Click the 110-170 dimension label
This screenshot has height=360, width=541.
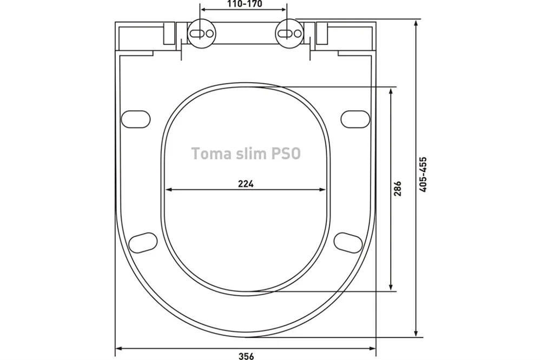click(x=245, y=4)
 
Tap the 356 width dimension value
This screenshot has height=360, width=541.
click(x=246, y=356)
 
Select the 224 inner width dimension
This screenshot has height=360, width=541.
click(x=246, y=184)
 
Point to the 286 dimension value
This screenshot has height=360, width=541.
click(x=398, y=188)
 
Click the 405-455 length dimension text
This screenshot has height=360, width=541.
click(x=423, y=175)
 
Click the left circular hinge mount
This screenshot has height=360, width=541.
click(x=202, y=33)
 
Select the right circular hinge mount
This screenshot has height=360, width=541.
click(x=289, y=33)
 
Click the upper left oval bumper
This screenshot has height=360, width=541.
click(x=136, y=119)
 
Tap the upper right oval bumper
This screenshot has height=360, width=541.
click(x=355, y=119)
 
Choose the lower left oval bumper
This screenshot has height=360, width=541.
click(x=143, y=243)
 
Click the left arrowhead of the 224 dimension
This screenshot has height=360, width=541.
click(x=169, y=189)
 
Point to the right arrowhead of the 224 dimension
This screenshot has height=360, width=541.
click(x=323, y=189)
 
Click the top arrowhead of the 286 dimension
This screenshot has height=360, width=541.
click(x=391, y=91)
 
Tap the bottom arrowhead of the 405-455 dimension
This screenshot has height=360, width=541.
click(x=417, y=334)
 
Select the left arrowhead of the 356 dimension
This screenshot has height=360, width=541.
click(x=119, y=349)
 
